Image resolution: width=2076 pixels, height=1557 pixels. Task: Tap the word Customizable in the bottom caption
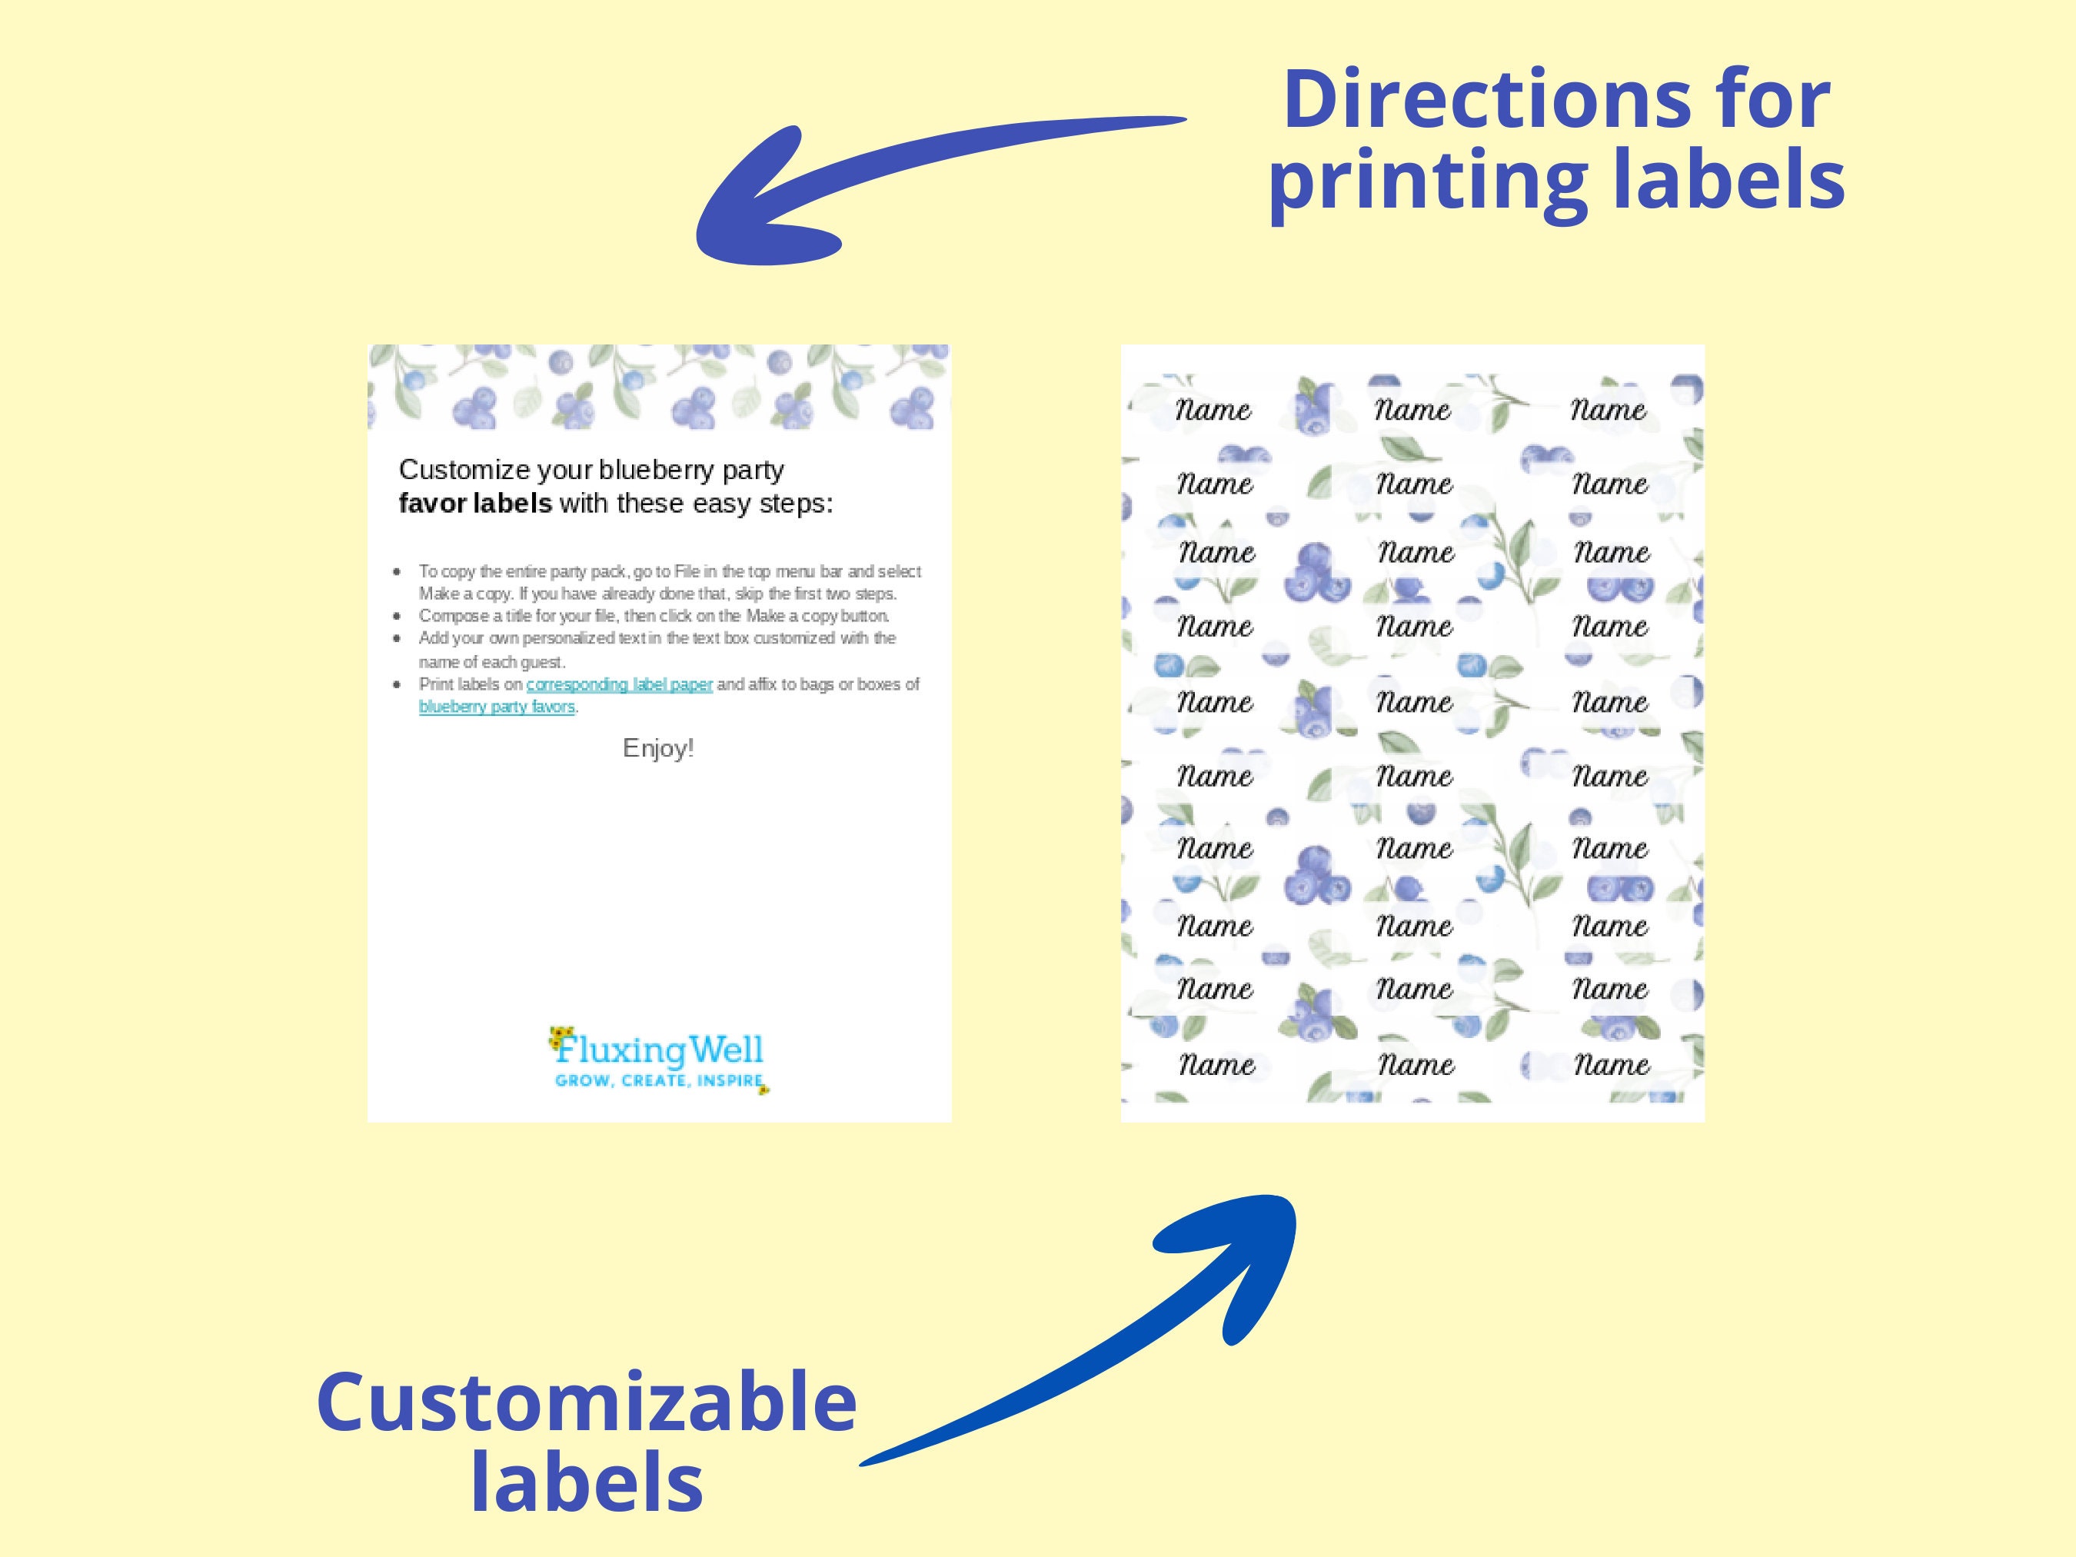click(x=587, y=1402)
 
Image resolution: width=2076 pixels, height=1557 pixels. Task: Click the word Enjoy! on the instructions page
click(x=658, y=749)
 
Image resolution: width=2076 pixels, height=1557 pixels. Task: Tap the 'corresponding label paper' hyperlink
click(x=620, y=684)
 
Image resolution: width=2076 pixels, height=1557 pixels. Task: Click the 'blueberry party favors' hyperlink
click(x=497, y=707)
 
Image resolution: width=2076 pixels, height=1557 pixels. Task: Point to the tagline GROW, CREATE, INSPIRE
click(x=659, y=1080)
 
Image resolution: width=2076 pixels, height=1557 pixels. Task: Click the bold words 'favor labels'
click(x=475, y=504)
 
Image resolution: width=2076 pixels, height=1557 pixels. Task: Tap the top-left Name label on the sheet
click(x=1213, y=410)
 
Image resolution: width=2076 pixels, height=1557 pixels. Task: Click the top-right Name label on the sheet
click(x=1609, y=410)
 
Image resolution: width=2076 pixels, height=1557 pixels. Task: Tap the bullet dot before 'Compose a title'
click(x=399, y=617)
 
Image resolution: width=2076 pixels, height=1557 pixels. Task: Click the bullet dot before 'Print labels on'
click(x=399, y=685)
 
